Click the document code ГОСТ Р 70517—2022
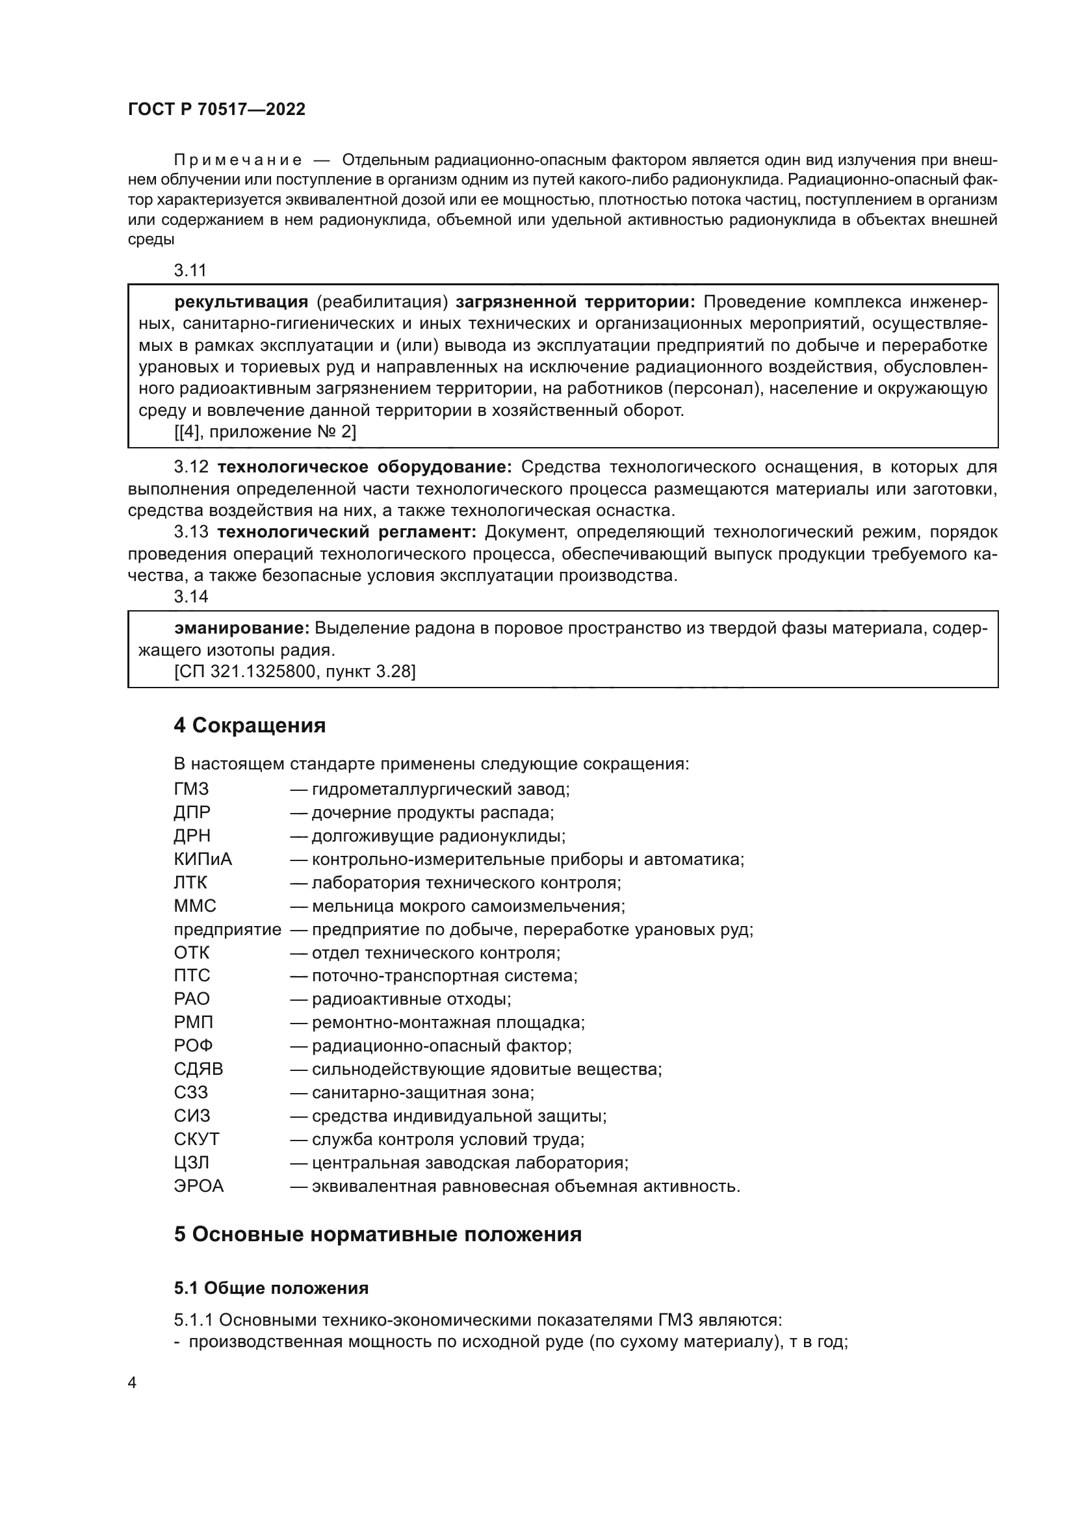click(216, 110)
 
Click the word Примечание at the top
click(238, 161)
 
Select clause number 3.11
click(190, 270)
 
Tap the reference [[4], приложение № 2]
click(265, 432)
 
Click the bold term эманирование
click(242, 628)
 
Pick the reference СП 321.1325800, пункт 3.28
click(294, 672)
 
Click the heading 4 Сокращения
click(250, 726)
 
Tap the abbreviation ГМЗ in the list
click(191, 789)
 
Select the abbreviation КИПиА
click(203, 859)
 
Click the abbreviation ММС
click(194, 906)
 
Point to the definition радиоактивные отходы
click(410, 999)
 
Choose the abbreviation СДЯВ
click(199, 1069)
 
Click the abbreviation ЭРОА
click(199, 1187)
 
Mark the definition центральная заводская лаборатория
click(469, 1163)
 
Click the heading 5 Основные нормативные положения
click(378, 1235)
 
